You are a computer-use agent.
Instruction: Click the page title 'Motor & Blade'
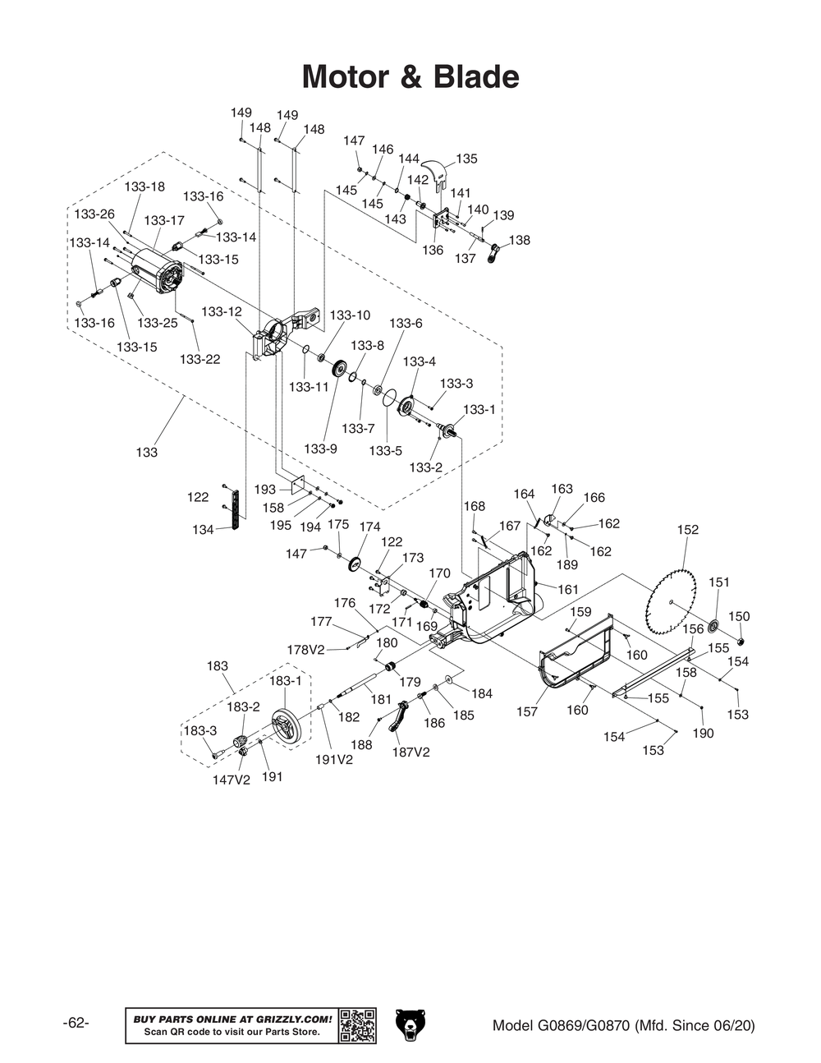(x=410, y=77)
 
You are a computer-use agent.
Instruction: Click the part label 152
(x=688, y=530)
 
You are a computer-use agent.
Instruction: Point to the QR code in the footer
(x=358, y=1025)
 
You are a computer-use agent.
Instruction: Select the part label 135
(x=466, y=159)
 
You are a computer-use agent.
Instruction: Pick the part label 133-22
(x=200, y=359)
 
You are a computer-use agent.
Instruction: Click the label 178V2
(x=305, y=650)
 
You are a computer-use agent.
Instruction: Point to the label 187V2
(x=410, y=752)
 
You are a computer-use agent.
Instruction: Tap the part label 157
(x=527, y=711)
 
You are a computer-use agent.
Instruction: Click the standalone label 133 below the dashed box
(x=146, y=453)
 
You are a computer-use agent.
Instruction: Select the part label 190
(x=703, y=733)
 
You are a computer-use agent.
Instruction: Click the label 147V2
(x=231, y=780)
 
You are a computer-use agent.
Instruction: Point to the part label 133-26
(x=94, y=214)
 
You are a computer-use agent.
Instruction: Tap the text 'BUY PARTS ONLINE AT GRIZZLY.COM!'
(x=232, y=1019)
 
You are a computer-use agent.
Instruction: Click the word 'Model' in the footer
(x=513, y=1025)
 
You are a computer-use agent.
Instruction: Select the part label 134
(x=203, y=530)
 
